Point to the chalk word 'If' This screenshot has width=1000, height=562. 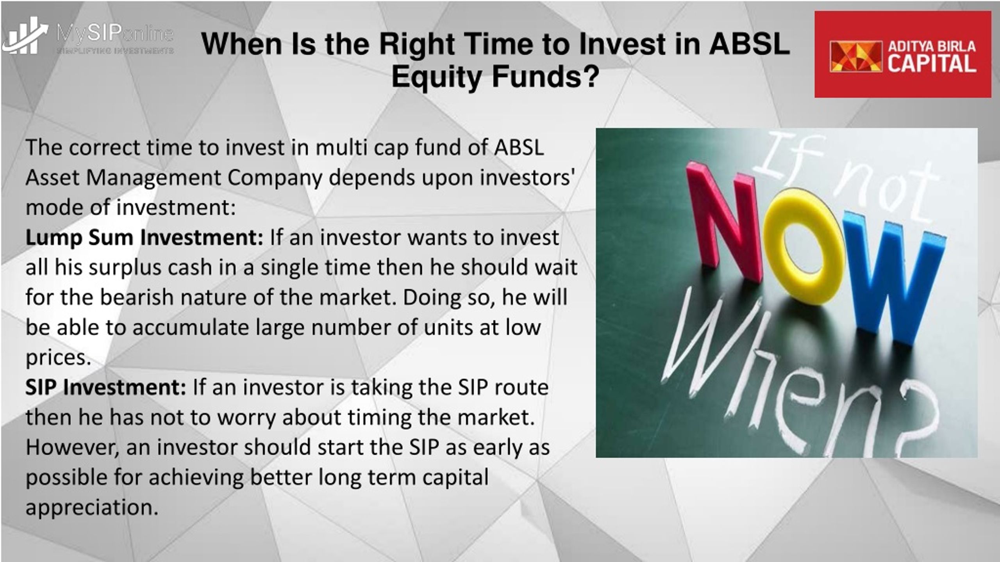785,156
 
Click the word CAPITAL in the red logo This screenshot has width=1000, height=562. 932,64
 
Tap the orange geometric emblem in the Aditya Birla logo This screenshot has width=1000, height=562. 856,57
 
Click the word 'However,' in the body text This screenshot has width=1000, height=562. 73,448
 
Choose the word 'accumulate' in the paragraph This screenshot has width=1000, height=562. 191,327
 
